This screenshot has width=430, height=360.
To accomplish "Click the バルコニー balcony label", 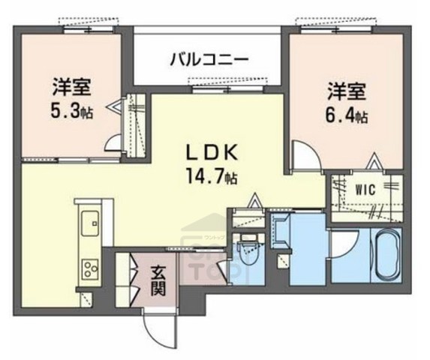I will pyautogui.click(x=209, y=58).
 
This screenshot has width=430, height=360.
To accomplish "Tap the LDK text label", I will pyautogui.click(x=212, y=153).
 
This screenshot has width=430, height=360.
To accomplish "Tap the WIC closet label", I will pyautogui.click(x=366, y=188).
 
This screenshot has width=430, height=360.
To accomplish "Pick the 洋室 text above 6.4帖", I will pyautogui.click(x=346, y=92).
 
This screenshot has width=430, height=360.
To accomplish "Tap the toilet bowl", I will pyautogui.click(x=246, y=254).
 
